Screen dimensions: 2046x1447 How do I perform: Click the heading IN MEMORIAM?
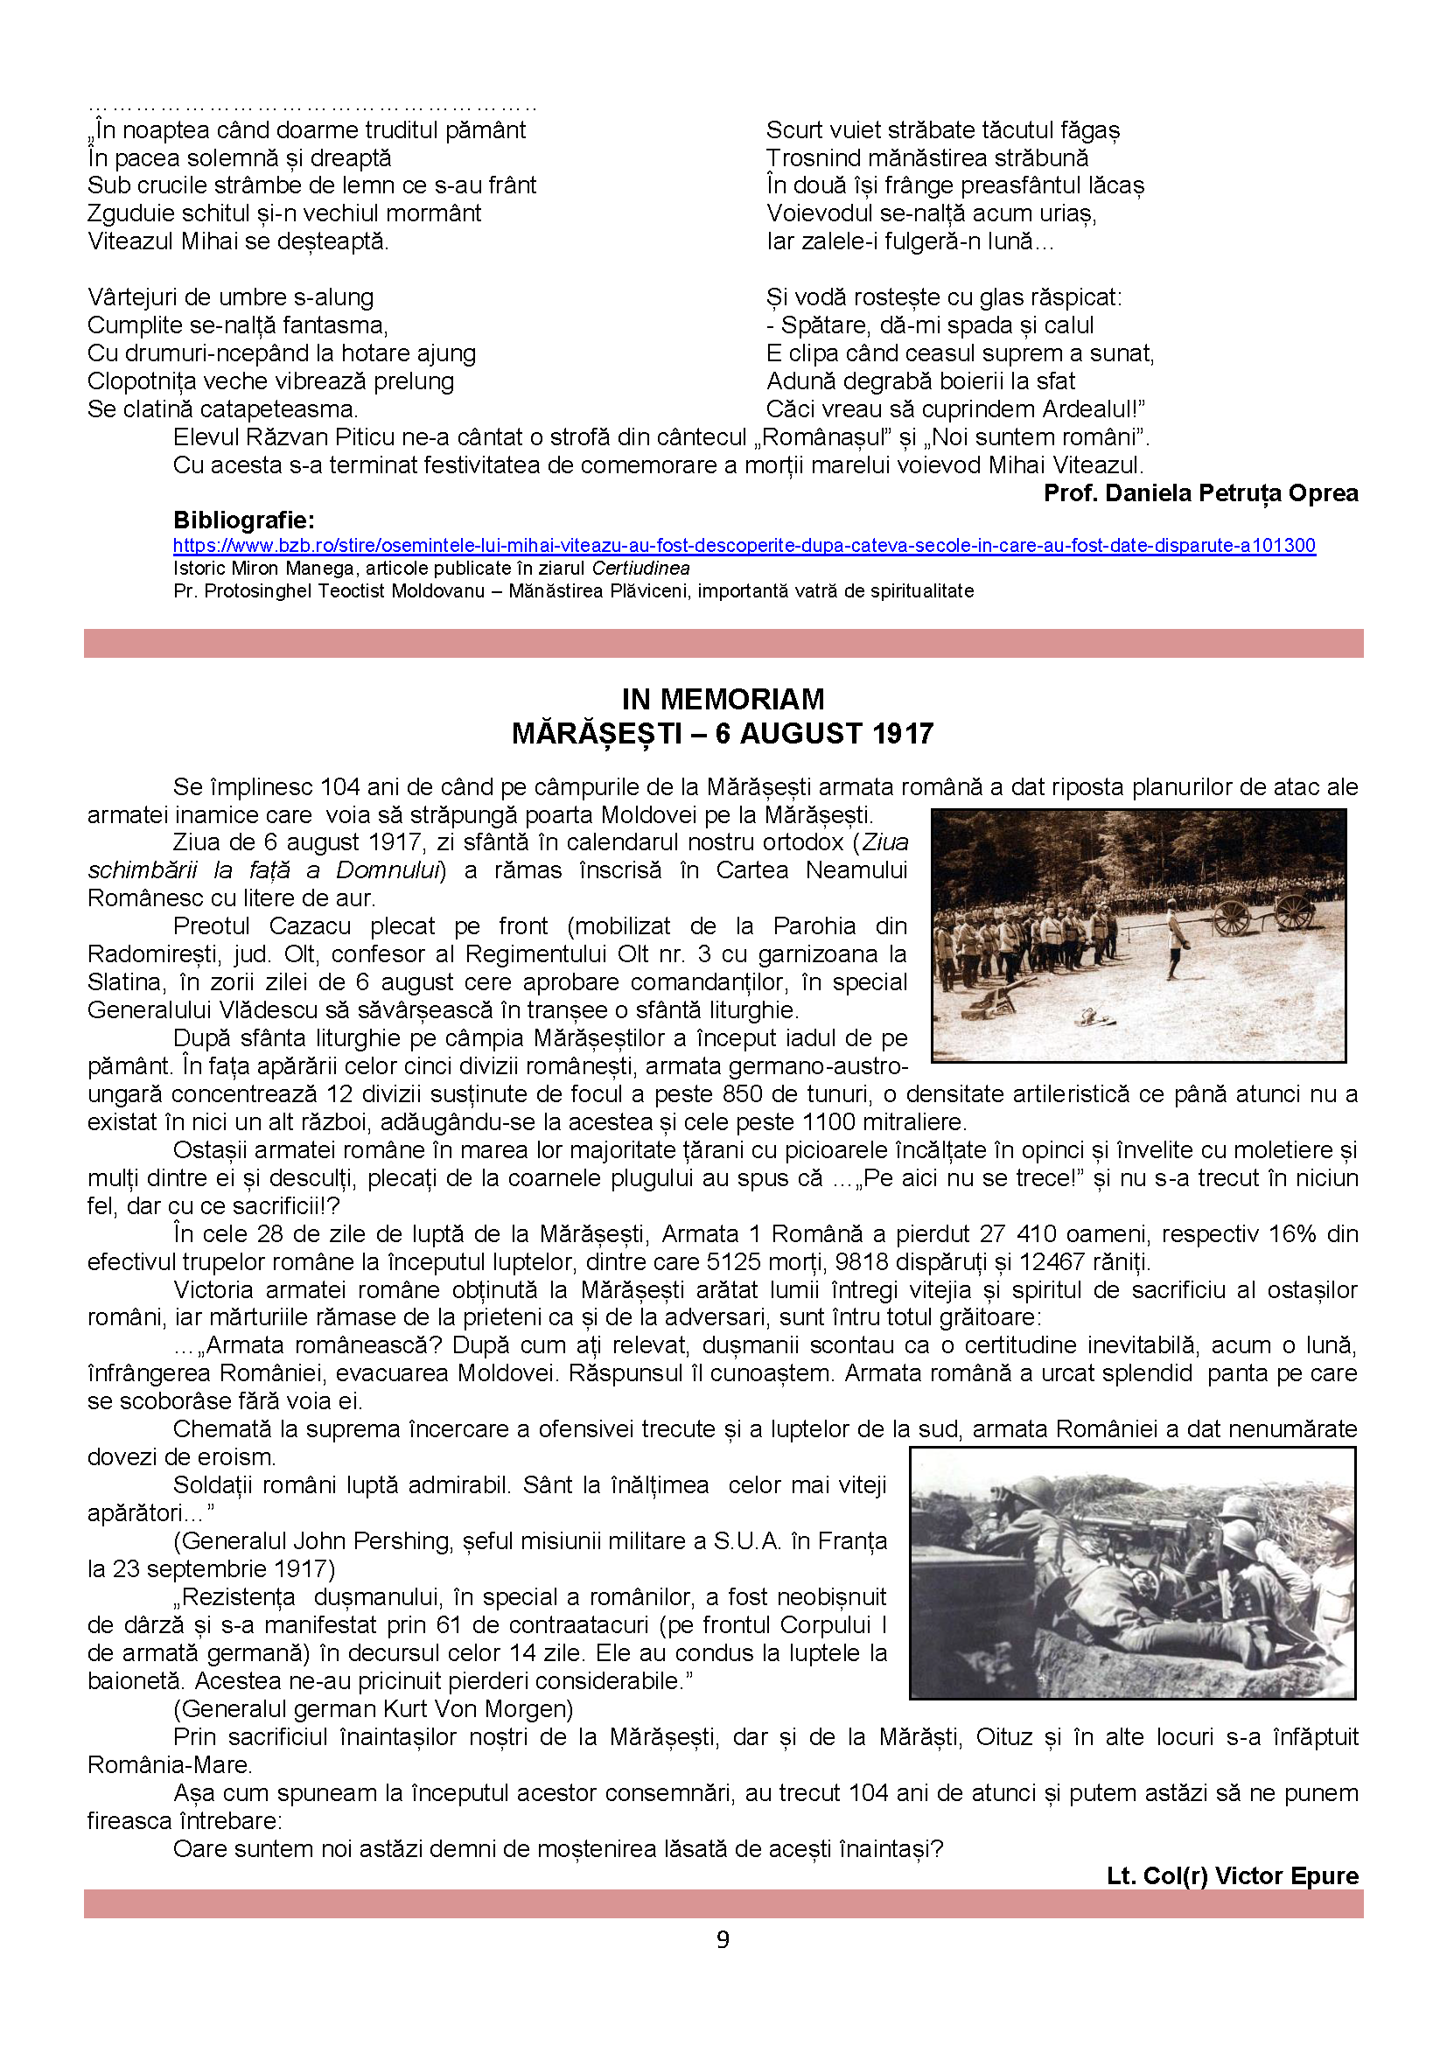pos(723,699)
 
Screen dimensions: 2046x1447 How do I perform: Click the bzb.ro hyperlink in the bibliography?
pos(744,545)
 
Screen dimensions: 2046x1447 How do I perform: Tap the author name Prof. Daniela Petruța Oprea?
pos(1200,492)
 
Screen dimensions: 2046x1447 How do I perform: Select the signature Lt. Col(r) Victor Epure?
pos(1233,1875)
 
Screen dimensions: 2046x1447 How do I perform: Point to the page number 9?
pos(723,1939)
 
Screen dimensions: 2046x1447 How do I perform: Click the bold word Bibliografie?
pos(243,520)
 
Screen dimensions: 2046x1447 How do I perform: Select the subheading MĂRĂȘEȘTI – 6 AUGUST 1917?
pos(723,733)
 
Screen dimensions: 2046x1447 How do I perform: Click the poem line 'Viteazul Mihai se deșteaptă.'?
pos(238,241)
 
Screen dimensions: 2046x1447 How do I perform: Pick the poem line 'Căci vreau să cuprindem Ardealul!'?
pos(955,409)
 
